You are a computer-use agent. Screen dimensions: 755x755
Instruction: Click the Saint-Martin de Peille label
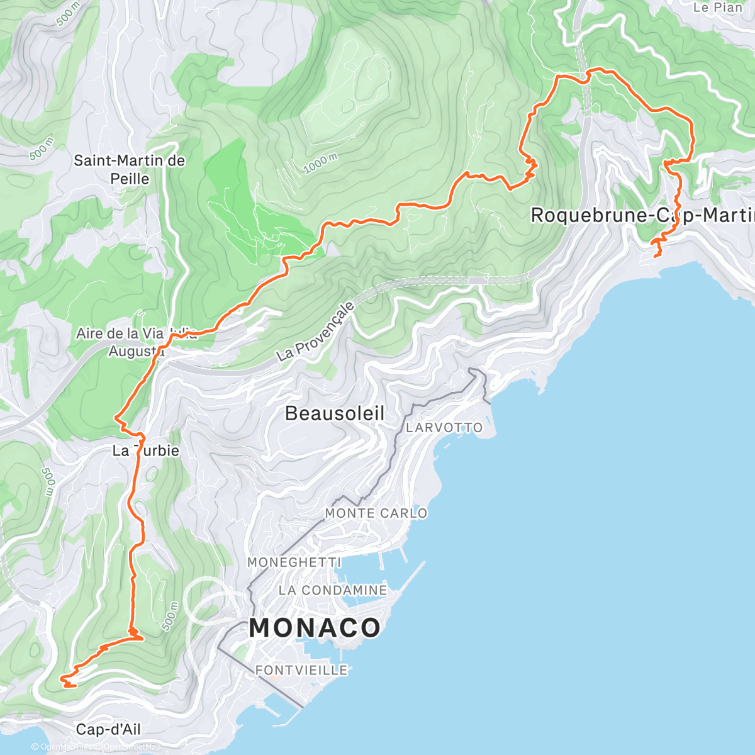130,169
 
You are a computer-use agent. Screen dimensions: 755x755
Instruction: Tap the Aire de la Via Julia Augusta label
136,342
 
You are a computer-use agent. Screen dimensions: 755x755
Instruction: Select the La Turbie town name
145,450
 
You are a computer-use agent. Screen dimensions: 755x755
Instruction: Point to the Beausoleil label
335,413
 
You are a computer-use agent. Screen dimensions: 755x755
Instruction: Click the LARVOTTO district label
444,428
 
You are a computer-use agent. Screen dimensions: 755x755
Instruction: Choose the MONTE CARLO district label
376,513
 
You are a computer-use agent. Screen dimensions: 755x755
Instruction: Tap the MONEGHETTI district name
294,562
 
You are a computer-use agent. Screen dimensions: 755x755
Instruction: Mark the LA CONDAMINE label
333,590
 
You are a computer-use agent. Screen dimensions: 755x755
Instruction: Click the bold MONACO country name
315,627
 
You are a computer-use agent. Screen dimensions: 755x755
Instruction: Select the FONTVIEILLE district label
301,670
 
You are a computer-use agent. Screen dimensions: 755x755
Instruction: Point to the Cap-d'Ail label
108,729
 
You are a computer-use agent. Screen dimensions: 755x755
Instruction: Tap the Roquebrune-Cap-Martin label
642,215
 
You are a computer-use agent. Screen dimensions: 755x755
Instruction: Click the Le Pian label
717,8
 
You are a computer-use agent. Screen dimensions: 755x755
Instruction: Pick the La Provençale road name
316,332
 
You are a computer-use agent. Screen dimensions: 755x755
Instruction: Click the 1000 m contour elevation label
321,164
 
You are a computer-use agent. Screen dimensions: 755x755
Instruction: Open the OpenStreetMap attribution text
131,747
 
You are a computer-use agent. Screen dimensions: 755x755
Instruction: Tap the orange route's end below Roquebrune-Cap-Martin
657,255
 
